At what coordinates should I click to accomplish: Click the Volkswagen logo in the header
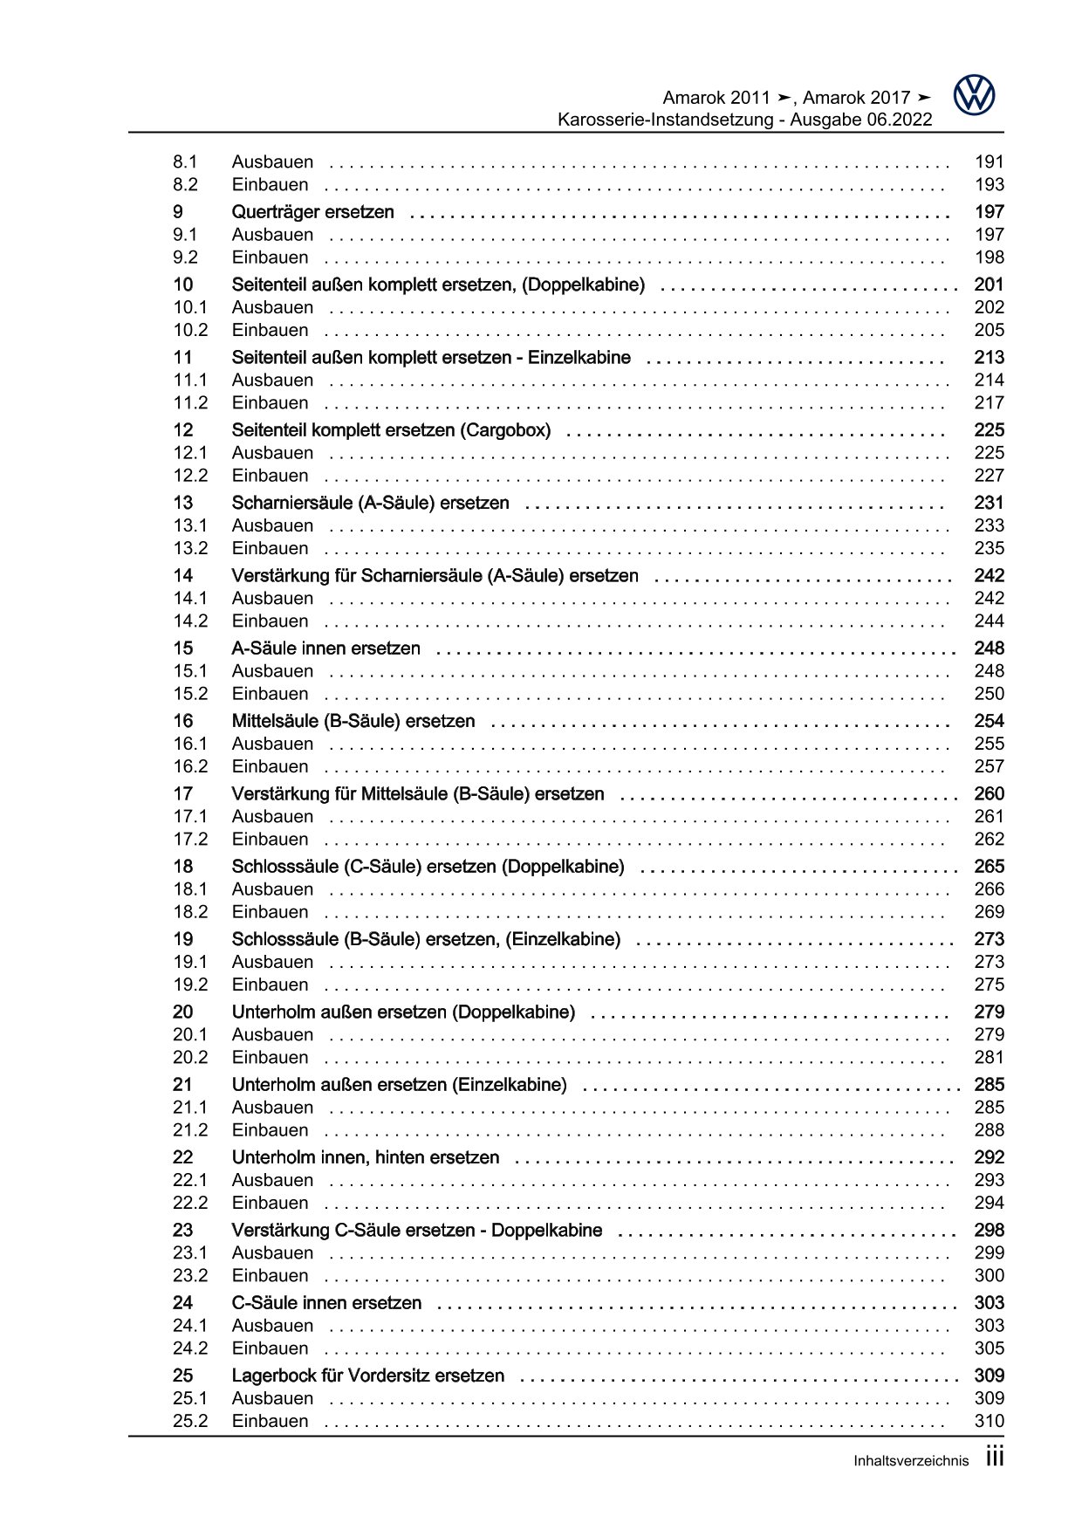974,95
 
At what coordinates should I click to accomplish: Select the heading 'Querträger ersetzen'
312,212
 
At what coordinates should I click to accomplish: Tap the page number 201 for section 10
989,285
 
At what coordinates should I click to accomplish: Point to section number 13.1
190,525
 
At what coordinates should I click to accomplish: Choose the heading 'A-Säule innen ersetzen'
325,648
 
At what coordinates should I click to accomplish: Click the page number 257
989,766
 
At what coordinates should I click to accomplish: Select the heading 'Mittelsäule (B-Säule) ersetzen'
353,721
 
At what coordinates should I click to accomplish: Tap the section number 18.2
190,912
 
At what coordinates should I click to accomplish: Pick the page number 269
989,912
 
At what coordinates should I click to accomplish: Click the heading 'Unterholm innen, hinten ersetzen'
366,1157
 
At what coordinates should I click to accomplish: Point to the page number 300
989,1275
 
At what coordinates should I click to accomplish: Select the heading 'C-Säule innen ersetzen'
326,1303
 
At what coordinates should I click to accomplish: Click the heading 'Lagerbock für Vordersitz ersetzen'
367,1376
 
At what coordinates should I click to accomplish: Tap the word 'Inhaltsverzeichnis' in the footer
910,1461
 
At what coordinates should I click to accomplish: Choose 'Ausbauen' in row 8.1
272,161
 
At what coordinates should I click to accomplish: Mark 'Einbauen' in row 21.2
270,1130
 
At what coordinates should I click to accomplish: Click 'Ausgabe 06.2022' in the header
861,120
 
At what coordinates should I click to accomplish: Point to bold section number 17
182,794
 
